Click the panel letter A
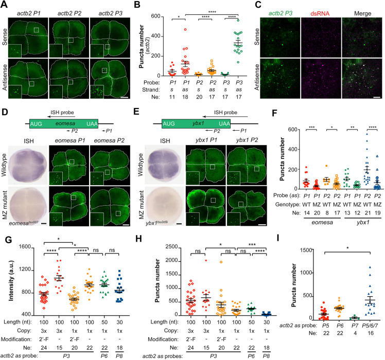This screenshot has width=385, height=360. pyautogui.click(x=4, y=5)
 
